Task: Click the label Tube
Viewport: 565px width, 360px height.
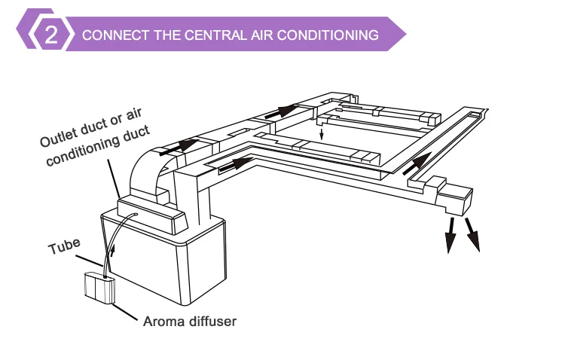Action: pyautogui.click(x=64, y=246)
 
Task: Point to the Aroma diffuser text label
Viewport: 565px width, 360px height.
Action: pyautogui.click(x=190, y=322)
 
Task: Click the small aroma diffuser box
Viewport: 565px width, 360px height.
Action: pyautogui.click(x=98, y=288)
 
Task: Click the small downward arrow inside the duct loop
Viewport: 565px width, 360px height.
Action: pyautogui.click(x=322, y=135)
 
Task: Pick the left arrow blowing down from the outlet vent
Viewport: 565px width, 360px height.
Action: pyautogui.click(x=450, y=235)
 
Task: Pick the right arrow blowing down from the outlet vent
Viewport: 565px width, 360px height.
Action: pyautogui.click(x=472, y=233)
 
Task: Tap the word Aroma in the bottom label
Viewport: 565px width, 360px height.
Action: pyautogui.click(x=162, y=322)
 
